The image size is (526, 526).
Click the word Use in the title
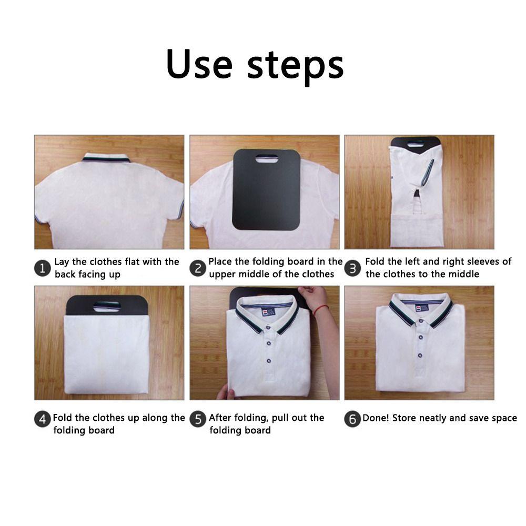[199, 64]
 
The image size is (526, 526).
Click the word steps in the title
[296, 66]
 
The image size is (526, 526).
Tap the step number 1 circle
[42, 268]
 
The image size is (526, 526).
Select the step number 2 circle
[198, 268]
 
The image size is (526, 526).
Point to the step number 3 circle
[352, 268]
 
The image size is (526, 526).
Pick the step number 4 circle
[42, 419]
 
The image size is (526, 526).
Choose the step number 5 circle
[198, 419]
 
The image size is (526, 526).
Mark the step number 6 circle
[352, 419]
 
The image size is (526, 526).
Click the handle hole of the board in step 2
[266, 159]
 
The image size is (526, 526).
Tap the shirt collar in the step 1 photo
[106, 158]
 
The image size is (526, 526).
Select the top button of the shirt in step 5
[268, 327]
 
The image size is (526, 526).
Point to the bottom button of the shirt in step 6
[420, 356]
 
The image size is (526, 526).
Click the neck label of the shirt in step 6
[420, 308]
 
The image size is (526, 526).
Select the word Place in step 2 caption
[220, 261]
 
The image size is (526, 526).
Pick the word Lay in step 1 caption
[62, 262]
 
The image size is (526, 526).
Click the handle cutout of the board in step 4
[107, 306]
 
